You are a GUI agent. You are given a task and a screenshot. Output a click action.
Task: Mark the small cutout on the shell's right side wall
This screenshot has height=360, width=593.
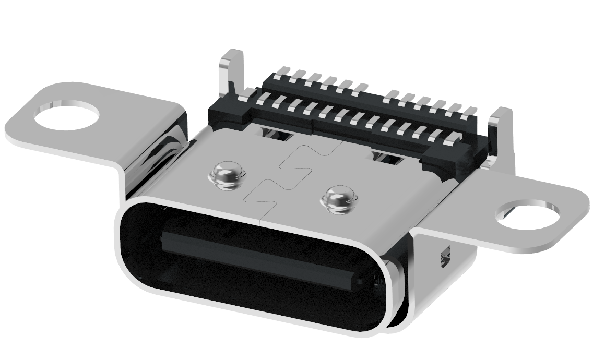tap(445, 256)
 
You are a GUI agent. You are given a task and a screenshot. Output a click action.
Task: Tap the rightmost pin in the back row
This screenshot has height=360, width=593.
tap(471, 111)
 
